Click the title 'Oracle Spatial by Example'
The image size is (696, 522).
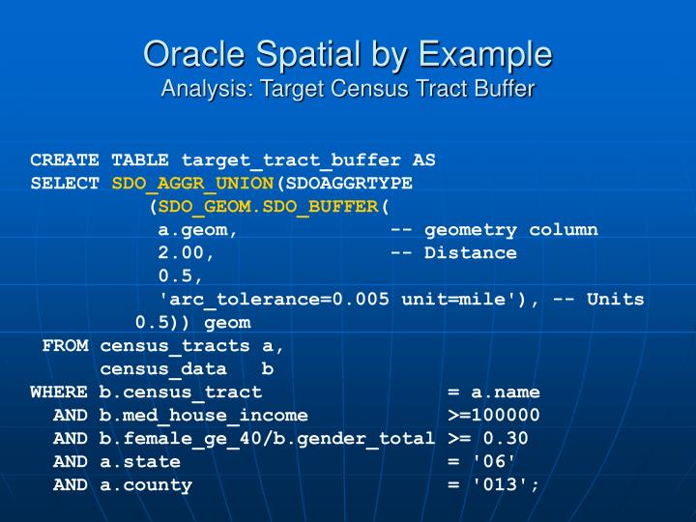pos(348,53)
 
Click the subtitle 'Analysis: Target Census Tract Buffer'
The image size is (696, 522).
pos(348,89)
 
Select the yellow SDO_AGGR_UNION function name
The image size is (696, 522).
pos(193,184)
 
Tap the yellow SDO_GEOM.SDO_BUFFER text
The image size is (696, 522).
pos(269,207)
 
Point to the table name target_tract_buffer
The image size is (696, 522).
pos(292,160)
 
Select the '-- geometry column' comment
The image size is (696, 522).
pos(494,230)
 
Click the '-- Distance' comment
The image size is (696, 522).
pos(453,253)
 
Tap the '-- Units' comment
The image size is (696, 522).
pos(598,300)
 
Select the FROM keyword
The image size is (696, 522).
pos(66,346)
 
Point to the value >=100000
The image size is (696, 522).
pos(494,416)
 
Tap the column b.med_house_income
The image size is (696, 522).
pos(203,416)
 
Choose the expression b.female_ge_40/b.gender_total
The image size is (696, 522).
pos(267,439)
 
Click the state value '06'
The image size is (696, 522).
pos(500,462)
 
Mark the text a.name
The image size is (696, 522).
pos(506,392)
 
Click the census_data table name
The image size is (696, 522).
pos(163,369)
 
